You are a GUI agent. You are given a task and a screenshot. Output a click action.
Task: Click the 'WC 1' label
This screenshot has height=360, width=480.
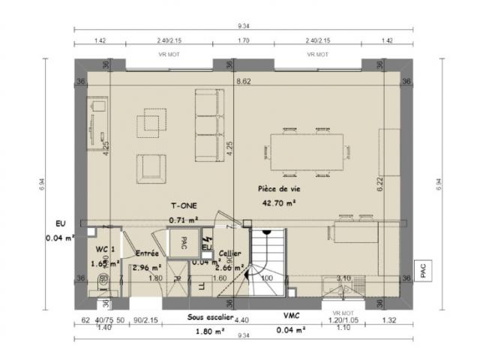(x=105, y=249)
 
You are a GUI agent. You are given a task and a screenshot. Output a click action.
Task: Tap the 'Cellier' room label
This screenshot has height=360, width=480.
(x=229, y=253)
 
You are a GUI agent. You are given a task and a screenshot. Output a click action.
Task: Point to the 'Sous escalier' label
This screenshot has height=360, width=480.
(x=209, y=318)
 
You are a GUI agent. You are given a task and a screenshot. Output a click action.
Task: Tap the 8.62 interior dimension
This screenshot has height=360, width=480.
(x=243, y=81)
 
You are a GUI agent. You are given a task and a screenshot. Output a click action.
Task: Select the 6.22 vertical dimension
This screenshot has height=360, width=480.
(x=379, y=181)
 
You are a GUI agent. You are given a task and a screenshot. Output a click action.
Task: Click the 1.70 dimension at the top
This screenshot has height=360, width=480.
(x=243, y=41)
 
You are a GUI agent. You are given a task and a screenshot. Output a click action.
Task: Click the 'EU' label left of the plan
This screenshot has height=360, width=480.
(x=61, y=223)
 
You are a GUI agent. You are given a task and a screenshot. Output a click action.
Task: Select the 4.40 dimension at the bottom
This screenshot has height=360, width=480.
(x=242, y=321)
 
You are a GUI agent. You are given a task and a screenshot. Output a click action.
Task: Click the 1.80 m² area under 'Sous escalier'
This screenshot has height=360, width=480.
(x=205, y=331)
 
